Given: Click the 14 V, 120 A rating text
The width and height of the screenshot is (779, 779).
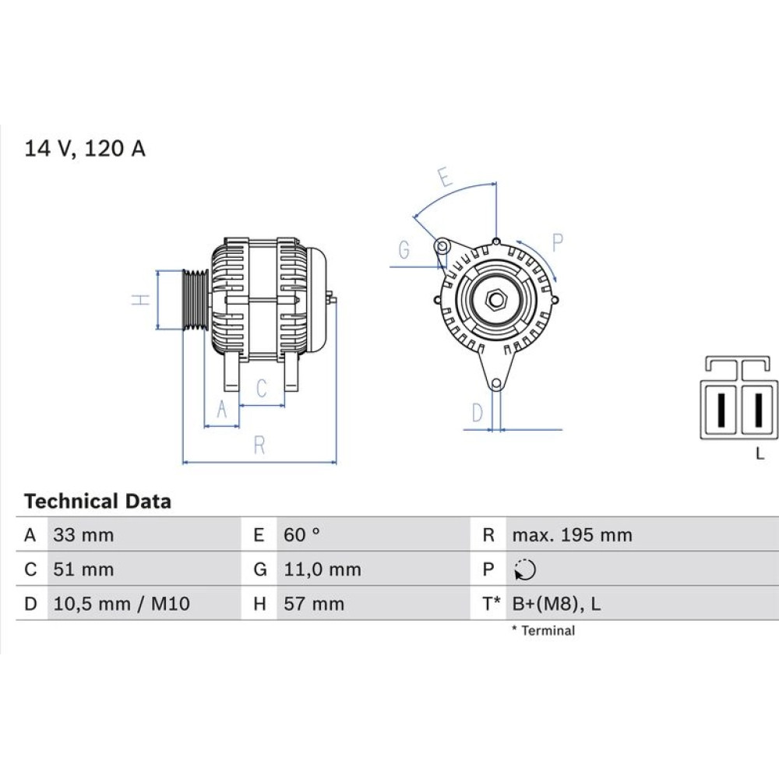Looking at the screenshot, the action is click(84, 149).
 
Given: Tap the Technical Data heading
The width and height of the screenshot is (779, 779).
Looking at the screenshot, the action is click(97, 501).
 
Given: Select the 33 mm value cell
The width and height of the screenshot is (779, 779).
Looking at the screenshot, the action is click(83, 535).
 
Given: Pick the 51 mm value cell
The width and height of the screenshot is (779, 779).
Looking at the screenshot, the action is click(83, 569).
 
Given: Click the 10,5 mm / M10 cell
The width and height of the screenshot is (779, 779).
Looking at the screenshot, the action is click(122, 604).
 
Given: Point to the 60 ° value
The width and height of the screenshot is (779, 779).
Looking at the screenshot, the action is click(301, 535).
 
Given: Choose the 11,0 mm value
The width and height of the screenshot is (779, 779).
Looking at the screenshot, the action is click(323, 569).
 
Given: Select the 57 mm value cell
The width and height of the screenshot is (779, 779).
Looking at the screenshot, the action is click(314, 604).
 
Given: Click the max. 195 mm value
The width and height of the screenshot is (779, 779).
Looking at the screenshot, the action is click(573, 535).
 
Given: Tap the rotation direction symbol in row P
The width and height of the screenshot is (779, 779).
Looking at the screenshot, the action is click(525, 569).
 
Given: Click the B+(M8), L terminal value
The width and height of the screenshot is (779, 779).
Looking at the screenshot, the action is click(556, 604).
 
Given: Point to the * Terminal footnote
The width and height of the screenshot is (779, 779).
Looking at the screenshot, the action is click(544, 630).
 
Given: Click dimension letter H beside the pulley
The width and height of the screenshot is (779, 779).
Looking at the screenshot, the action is click(141, 300).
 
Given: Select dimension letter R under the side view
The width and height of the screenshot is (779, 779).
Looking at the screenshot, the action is click(259, 445).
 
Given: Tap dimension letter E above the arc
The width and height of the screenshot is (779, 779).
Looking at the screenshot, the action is click(445, 177).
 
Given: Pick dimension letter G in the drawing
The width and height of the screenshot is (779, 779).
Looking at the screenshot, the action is click(404, 249).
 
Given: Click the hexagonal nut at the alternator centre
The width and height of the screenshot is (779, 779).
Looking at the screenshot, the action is click(495, 300).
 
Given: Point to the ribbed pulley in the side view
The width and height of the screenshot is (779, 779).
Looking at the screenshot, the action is click(196, 300).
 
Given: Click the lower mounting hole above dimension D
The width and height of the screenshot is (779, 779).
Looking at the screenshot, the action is click(495, 384).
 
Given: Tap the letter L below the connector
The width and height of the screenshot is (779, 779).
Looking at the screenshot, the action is click(760, 453).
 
